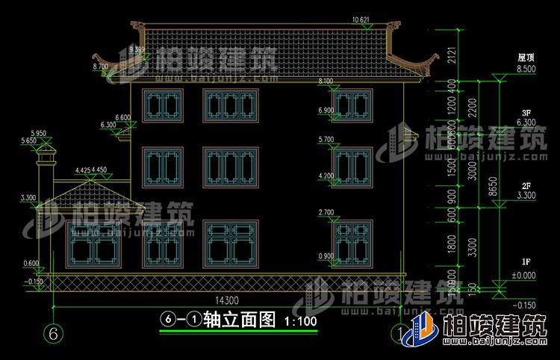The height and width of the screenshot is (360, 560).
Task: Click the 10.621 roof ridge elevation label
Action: tap(361, 19)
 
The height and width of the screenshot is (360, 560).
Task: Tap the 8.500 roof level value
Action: tap(526, 69)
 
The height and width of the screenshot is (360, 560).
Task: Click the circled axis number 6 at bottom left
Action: tap(52, 332)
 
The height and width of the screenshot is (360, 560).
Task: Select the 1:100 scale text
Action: tap(301, 322)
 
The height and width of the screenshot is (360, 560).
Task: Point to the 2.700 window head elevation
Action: tap(326, 212)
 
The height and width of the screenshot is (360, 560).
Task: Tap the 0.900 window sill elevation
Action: tap(326, 256)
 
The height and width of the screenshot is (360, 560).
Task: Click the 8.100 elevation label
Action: tap(326, 81)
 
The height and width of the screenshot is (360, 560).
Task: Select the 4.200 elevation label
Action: tap(326, 176)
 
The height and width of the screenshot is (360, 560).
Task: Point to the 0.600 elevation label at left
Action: tap(31, 262)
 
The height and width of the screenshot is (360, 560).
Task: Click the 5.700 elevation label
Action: tap(326, 140)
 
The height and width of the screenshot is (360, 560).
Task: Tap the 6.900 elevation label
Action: tap(326, 111)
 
